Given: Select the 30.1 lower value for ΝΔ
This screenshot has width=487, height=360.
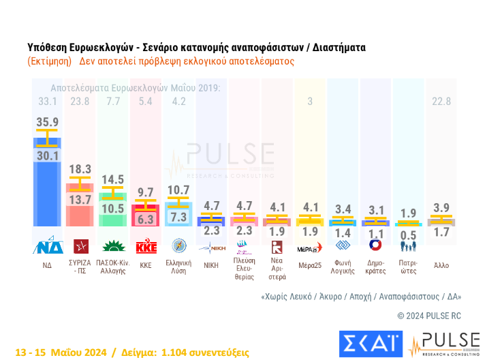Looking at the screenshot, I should (x=48, y=156).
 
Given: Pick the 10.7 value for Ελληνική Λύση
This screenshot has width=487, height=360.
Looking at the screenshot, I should (x=180, y=190).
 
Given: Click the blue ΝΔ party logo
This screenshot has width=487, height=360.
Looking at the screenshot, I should (x=48, y=246).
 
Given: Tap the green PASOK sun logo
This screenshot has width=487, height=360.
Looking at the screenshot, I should (x=114, y=246).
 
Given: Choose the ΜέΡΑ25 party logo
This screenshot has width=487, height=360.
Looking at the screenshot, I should (x=311, y=247).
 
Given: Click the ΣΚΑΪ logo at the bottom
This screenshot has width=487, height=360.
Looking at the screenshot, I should (x=371, y=344).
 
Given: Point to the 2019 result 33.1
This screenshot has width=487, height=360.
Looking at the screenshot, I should (x=48, y=102).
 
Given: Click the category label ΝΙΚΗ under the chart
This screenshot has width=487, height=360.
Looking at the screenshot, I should (x=211, y=266).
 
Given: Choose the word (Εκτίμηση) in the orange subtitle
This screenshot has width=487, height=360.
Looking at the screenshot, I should (x=50, y=61).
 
